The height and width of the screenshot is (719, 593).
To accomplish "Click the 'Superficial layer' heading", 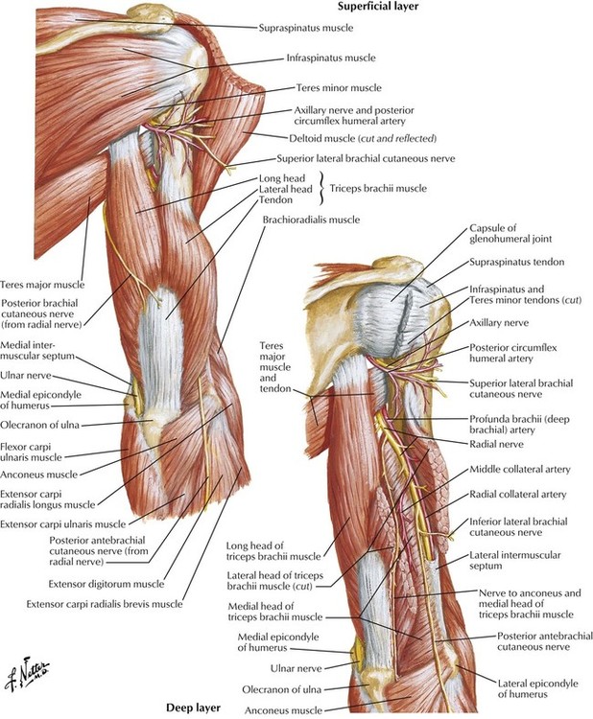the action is tap(378, 6).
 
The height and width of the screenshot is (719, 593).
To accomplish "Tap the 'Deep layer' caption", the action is tap(193, 708).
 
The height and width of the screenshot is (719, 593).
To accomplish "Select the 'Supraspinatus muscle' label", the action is tap(306, 28).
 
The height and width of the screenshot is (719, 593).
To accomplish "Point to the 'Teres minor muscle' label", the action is tap(339, 87).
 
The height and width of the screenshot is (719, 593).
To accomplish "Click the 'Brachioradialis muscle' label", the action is tap(311, 220).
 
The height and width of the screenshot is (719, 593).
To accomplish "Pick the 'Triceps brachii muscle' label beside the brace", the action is tap(378, 189).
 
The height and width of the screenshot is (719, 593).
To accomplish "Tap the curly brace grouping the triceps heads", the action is tap(321, 189).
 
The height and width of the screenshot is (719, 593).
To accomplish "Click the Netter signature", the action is tap(27, 676).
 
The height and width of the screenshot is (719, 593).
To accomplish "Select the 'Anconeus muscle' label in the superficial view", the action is tap(38, 475).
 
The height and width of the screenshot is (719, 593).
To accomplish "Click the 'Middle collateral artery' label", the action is tap(519, 470).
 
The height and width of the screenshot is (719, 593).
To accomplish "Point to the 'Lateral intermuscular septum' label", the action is tap(515, 561).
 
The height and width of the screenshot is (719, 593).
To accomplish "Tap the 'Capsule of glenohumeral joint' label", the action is tap(510, 233).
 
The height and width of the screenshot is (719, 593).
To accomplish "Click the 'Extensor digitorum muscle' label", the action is tap(107, 584).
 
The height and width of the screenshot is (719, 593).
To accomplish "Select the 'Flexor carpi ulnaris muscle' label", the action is tap(31, 452).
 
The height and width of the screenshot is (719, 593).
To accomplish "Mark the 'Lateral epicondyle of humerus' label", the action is tap(537, 688).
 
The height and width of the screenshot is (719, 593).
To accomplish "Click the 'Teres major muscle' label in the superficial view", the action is tap(42, 285).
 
